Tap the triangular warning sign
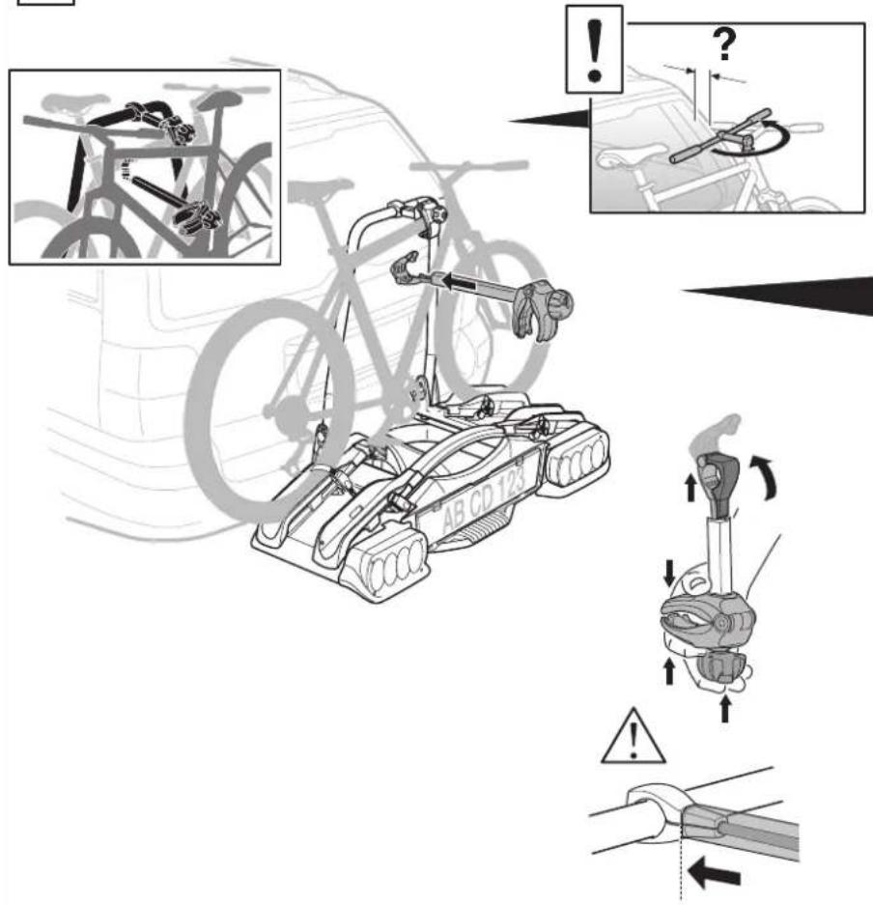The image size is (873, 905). [x=633, y=737]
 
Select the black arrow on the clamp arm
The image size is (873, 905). [x=459, y=283]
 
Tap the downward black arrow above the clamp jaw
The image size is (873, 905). [x=669, y=572]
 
